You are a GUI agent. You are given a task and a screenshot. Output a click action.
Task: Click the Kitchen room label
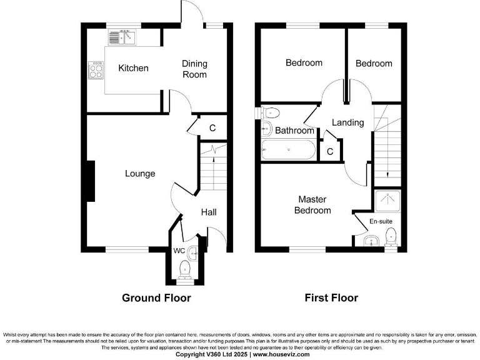133,68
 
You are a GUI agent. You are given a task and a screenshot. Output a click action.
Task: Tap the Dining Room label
194,69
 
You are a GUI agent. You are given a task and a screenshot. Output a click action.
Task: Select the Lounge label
140,173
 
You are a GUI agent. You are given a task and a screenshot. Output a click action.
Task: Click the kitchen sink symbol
123,37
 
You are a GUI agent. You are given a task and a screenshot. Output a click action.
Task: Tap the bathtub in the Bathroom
288,150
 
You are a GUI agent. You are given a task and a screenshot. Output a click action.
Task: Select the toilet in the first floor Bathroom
270,113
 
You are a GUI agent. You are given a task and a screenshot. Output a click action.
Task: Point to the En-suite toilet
391,237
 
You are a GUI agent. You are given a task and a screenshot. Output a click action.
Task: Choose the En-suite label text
381,221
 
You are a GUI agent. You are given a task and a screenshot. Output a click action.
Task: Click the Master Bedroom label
312,205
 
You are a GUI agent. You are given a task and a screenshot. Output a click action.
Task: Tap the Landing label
347,122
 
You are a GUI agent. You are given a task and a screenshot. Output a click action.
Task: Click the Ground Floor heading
156,298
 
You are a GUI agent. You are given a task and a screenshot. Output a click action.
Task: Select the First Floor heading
331,298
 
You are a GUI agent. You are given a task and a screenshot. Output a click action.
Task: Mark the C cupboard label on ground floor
212,128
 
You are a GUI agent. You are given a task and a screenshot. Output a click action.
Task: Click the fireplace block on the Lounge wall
91,181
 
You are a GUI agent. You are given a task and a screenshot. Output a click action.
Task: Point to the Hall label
209,212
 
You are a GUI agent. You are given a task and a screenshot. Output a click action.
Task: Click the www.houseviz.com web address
282,354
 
